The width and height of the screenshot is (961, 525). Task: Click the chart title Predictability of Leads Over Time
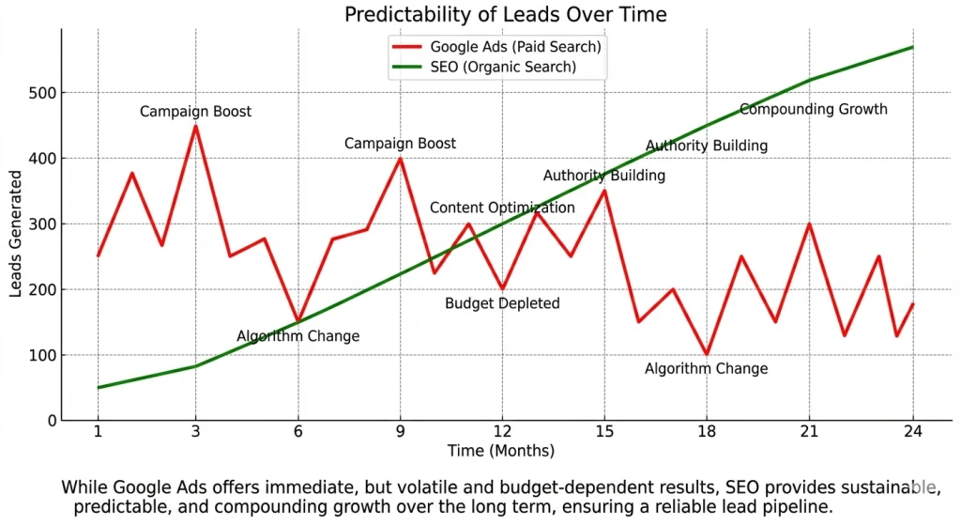coord(506,15)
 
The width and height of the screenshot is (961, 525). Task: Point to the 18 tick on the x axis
coord(707,431)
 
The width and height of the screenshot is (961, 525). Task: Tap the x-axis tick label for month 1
coord(98,431)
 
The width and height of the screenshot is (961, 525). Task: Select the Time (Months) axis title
coord(500,452)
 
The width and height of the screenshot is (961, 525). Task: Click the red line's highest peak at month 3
coord(195,126)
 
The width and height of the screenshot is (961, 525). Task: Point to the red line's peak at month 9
coord(401,159)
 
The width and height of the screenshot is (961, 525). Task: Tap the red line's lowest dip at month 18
coord(707,354)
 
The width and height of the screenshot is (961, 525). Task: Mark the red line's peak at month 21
coord(809,224)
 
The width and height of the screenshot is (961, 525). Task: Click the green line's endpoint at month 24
coord(911,47)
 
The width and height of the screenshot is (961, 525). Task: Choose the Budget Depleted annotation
coord(502,303)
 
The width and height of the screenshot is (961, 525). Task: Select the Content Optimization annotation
coord(502,208)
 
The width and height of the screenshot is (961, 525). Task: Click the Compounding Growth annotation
coord(813,109)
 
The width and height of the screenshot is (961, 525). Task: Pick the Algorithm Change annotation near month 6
coord(297,336)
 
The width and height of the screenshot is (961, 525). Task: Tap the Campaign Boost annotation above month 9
coord(400,144)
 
